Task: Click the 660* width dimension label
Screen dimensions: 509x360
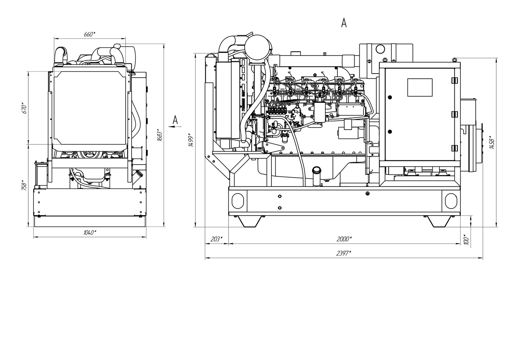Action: coord(90,34)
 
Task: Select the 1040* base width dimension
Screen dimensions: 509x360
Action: coord(90,232)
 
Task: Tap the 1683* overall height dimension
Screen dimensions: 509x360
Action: coord(160,135)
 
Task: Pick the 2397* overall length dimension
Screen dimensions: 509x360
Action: coord(344,253)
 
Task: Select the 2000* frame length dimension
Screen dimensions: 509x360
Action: coord(344,239)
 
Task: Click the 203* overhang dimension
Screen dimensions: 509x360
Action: coord(216,239)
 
